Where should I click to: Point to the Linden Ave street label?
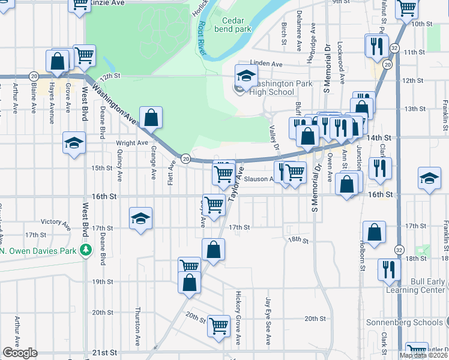[265, 64]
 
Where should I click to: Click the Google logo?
[20, 353]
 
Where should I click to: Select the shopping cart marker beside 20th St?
[218, 325]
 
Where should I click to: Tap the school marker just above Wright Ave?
[74, 143]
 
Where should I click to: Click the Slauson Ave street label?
[263, 179]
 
